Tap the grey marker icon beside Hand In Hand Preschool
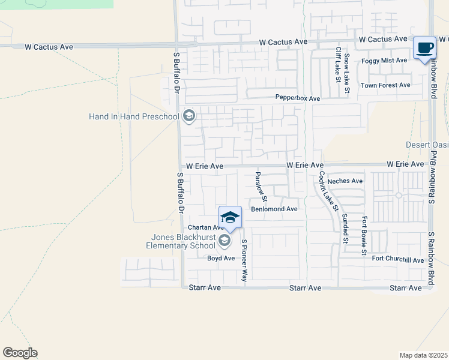(x=189, y=116)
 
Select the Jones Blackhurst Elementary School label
(x=181, y=241)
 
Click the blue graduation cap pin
(x=231, y=217)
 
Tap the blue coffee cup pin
(x=425, y=48)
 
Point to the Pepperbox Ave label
(x=298, y=98)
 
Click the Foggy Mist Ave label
(x=384, y=61)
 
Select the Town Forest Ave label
(x=385, y=85)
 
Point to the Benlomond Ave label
(x=274, y=209)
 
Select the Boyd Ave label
(x=221, y=259)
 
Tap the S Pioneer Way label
(x=244, y=260)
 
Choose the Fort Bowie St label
(x=364, y=238)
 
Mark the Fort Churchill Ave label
(x=397, y=260)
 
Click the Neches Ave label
(x=349, y=181)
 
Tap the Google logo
(x=20, y=353)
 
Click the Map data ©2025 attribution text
(x=424, y=355)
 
